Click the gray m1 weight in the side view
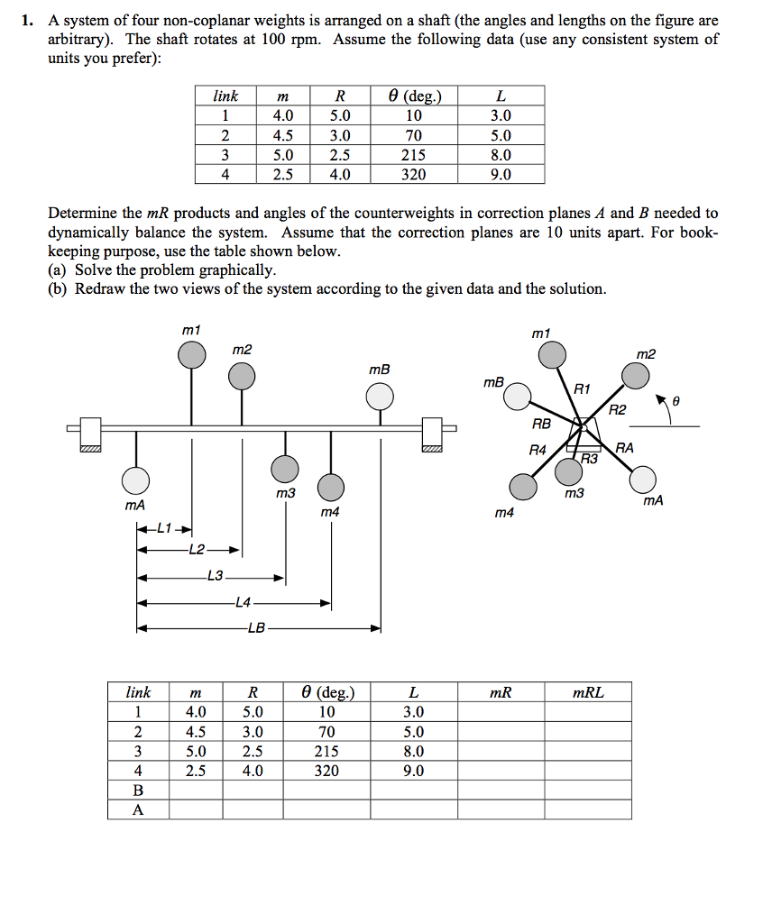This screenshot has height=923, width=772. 191,355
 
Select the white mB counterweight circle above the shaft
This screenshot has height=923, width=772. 380,397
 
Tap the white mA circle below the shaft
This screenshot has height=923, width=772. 136,480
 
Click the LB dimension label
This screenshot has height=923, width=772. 256,628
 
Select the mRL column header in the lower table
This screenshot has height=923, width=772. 589,692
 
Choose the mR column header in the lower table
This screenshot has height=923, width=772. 501,692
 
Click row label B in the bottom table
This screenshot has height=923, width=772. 138,790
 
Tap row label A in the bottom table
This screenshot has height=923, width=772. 138,809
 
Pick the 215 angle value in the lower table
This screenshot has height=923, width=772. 326,751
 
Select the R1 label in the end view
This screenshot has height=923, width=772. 582,389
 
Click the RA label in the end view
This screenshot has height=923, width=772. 625,447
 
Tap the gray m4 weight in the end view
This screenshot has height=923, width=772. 523,487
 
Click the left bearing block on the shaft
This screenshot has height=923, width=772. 90,433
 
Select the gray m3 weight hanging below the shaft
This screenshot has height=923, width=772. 285,469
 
